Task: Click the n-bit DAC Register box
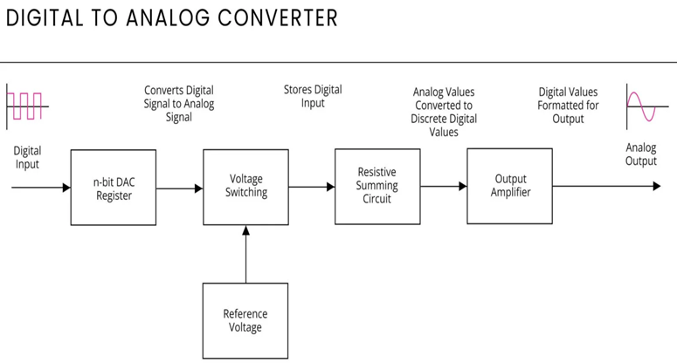click(x=114, y=188)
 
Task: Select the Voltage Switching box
click(x=245, y=186)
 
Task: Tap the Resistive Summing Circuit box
click(x=377, y=186)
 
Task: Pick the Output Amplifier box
click(x=509, y=186)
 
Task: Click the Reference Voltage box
click(x=245, y=320)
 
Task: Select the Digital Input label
click(x=27, y=157)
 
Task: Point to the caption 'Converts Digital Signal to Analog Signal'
click(x=179, y=103)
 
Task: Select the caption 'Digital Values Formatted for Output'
click(x=568, y=104)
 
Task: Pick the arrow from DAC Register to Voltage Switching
click(x=180, y=188)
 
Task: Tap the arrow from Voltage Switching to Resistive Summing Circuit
click(x=312, y=186)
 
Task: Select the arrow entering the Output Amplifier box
click(x=444, y=186)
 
